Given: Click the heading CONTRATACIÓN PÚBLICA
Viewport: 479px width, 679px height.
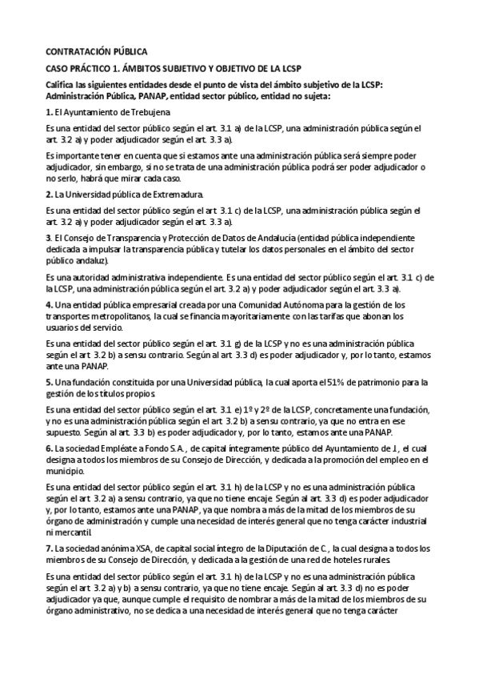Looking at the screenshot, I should tap(96, 50).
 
